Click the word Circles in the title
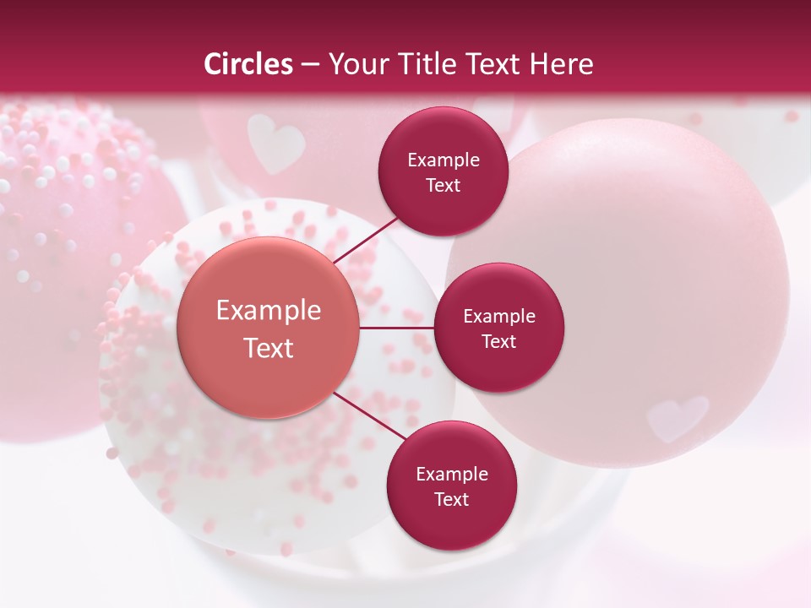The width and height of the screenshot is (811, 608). [248, 64]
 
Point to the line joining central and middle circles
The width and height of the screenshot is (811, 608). [397, 328]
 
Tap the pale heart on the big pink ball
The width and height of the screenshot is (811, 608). [676, 416]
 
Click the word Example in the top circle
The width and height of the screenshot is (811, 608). [444, 160]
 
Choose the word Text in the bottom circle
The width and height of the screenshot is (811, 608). [451, 499]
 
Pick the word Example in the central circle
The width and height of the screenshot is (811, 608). [269, 310]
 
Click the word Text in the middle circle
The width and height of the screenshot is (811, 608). [498, 341]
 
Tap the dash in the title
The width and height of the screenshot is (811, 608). [310, 64]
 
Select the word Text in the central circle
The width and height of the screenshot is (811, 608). [269, 348]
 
